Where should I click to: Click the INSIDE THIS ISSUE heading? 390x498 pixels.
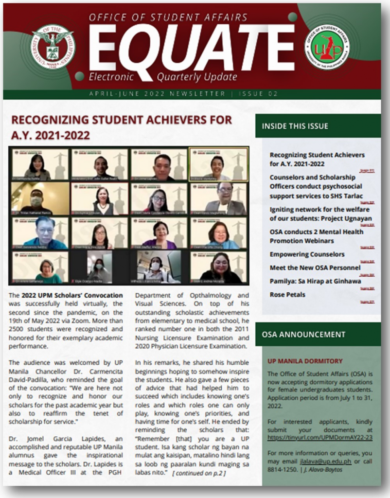tap(295, 126)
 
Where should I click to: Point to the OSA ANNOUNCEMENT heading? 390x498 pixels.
tap(303, 335)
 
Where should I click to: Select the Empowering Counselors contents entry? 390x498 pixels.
tap(307, 254)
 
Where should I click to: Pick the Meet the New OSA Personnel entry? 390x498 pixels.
tap(315, 267)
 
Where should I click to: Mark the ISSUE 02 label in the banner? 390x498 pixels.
tap(261, 93)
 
